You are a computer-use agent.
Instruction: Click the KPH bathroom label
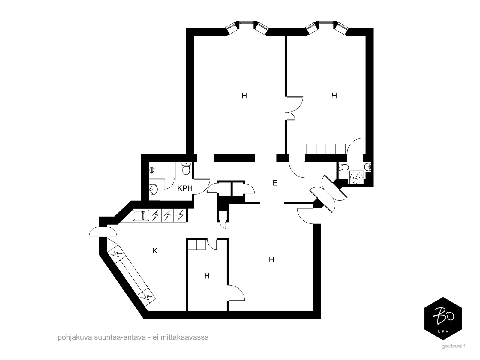(185, 188)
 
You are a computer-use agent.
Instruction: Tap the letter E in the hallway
(275, 183)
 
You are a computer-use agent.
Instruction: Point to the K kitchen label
(155, 251)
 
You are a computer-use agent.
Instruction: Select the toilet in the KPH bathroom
(186, 169)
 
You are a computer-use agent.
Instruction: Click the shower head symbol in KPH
(152, 169)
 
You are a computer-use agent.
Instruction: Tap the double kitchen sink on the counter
(141, 215)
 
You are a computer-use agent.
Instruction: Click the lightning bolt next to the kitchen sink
(155, 215)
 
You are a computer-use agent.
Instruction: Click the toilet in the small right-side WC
(343, 167)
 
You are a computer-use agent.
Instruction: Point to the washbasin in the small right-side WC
(368, 167)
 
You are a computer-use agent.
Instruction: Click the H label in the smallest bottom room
(207, 276)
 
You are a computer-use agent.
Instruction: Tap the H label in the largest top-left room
(244, 96)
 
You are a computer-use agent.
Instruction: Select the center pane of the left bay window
(246, 25)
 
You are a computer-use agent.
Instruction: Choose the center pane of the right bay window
(326, 25)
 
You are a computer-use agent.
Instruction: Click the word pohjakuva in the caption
(75, 337)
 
